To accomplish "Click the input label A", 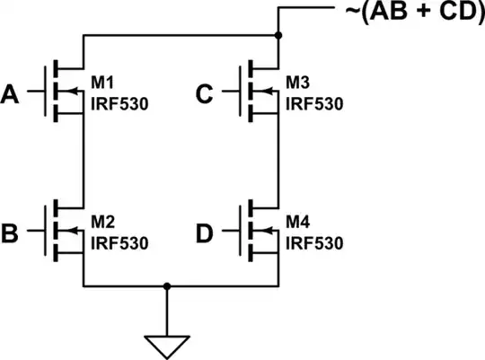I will (x=13, y=92).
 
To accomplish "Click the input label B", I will (x=13, y=234).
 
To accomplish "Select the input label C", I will (x=205, y=92).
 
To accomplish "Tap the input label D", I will (x=205, y=234).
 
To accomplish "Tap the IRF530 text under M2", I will (x=119, y=243).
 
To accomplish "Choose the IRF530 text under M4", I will (x=314, y=243).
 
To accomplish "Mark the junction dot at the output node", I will (x=278, y=36).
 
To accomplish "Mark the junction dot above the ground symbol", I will (x=166, y=288).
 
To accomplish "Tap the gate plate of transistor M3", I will (x=241, y=92).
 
